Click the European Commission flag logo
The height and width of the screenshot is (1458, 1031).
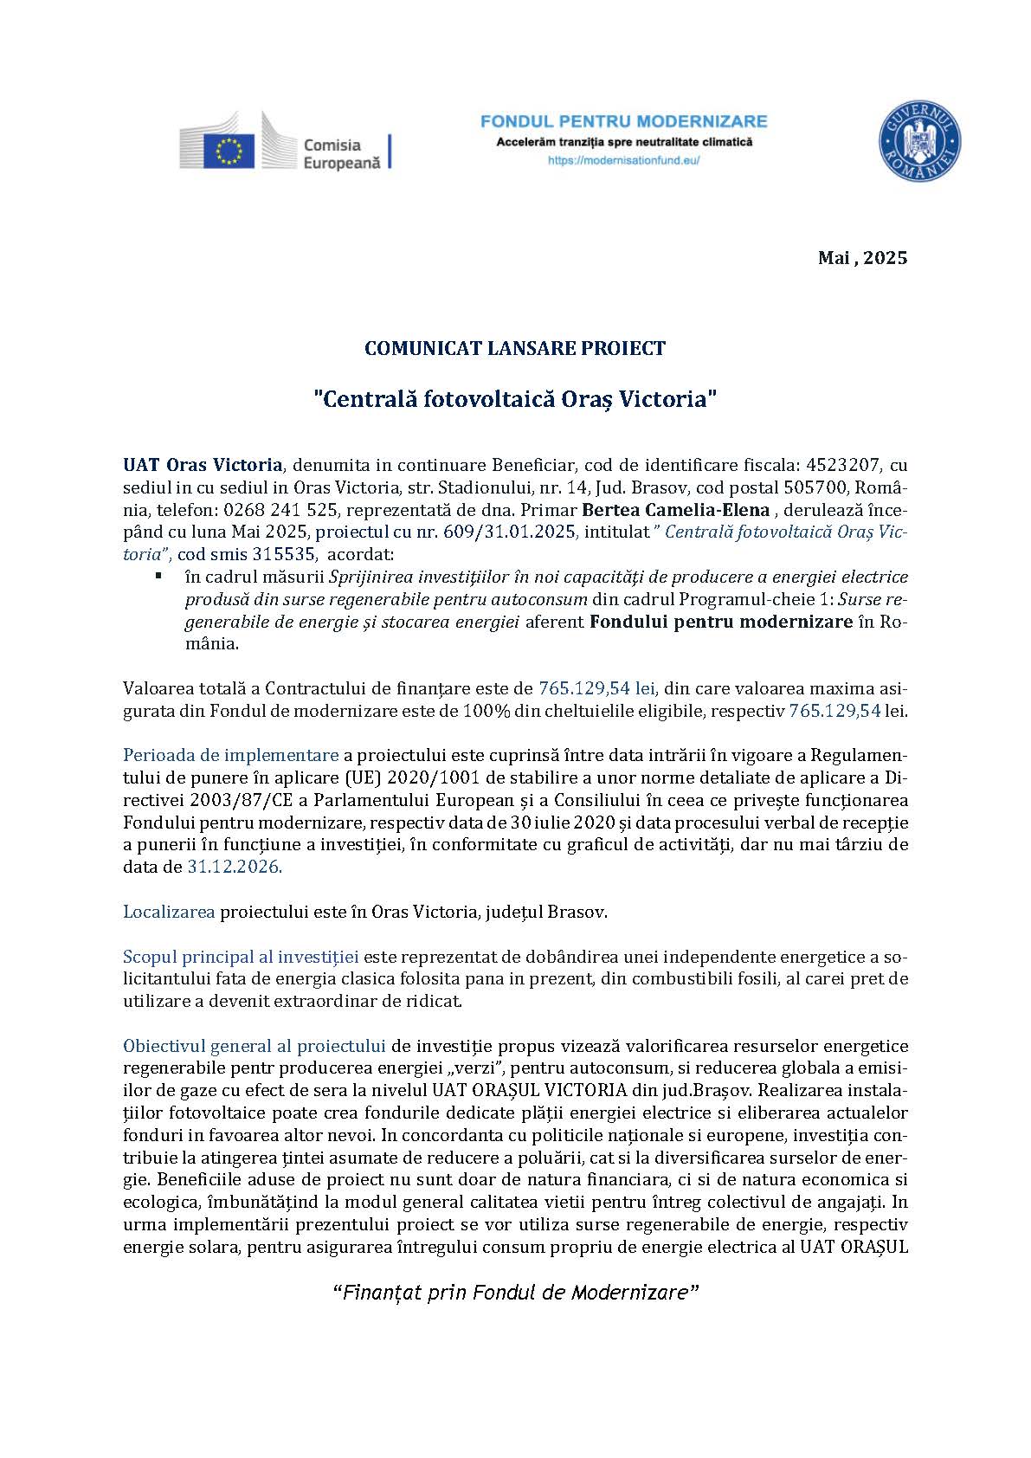(x=229, y=151)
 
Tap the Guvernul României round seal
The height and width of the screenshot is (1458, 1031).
(x=919, y=141)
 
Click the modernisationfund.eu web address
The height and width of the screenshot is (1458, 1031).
(x=624, y=160)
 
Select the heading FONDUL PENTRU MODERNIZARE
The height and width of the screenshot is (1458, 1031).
(x=624, y=121)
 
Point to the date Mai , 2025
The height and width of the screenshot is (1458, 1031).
(x=862, y=257)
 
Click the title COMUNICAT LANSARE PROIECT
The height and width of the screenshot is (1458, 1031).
(x=515, y=349)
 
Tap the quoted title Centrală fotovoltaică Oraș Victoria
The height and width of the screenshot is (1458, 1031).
(x=515, y=399)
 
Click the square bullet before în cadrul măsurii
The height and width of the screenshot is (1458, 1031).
(x=158, y=575)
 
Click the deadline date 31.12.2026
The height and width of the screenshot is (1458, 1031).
(x=235, y=867)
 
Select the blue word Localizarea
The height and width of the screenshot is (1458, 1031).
(x=169, y=912)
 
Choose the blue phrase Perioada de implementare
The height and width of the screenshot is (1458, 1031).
(x=230, y=754)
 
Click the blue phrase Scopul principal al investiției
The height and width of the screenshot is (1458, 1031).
(x=241, y=957)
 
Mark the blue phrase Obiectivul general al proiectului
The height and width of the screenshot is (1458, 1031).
(x=254, y=1046)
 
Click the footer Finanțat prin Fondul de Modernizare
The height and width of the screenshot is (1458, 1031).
(x=515, y=1293)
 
